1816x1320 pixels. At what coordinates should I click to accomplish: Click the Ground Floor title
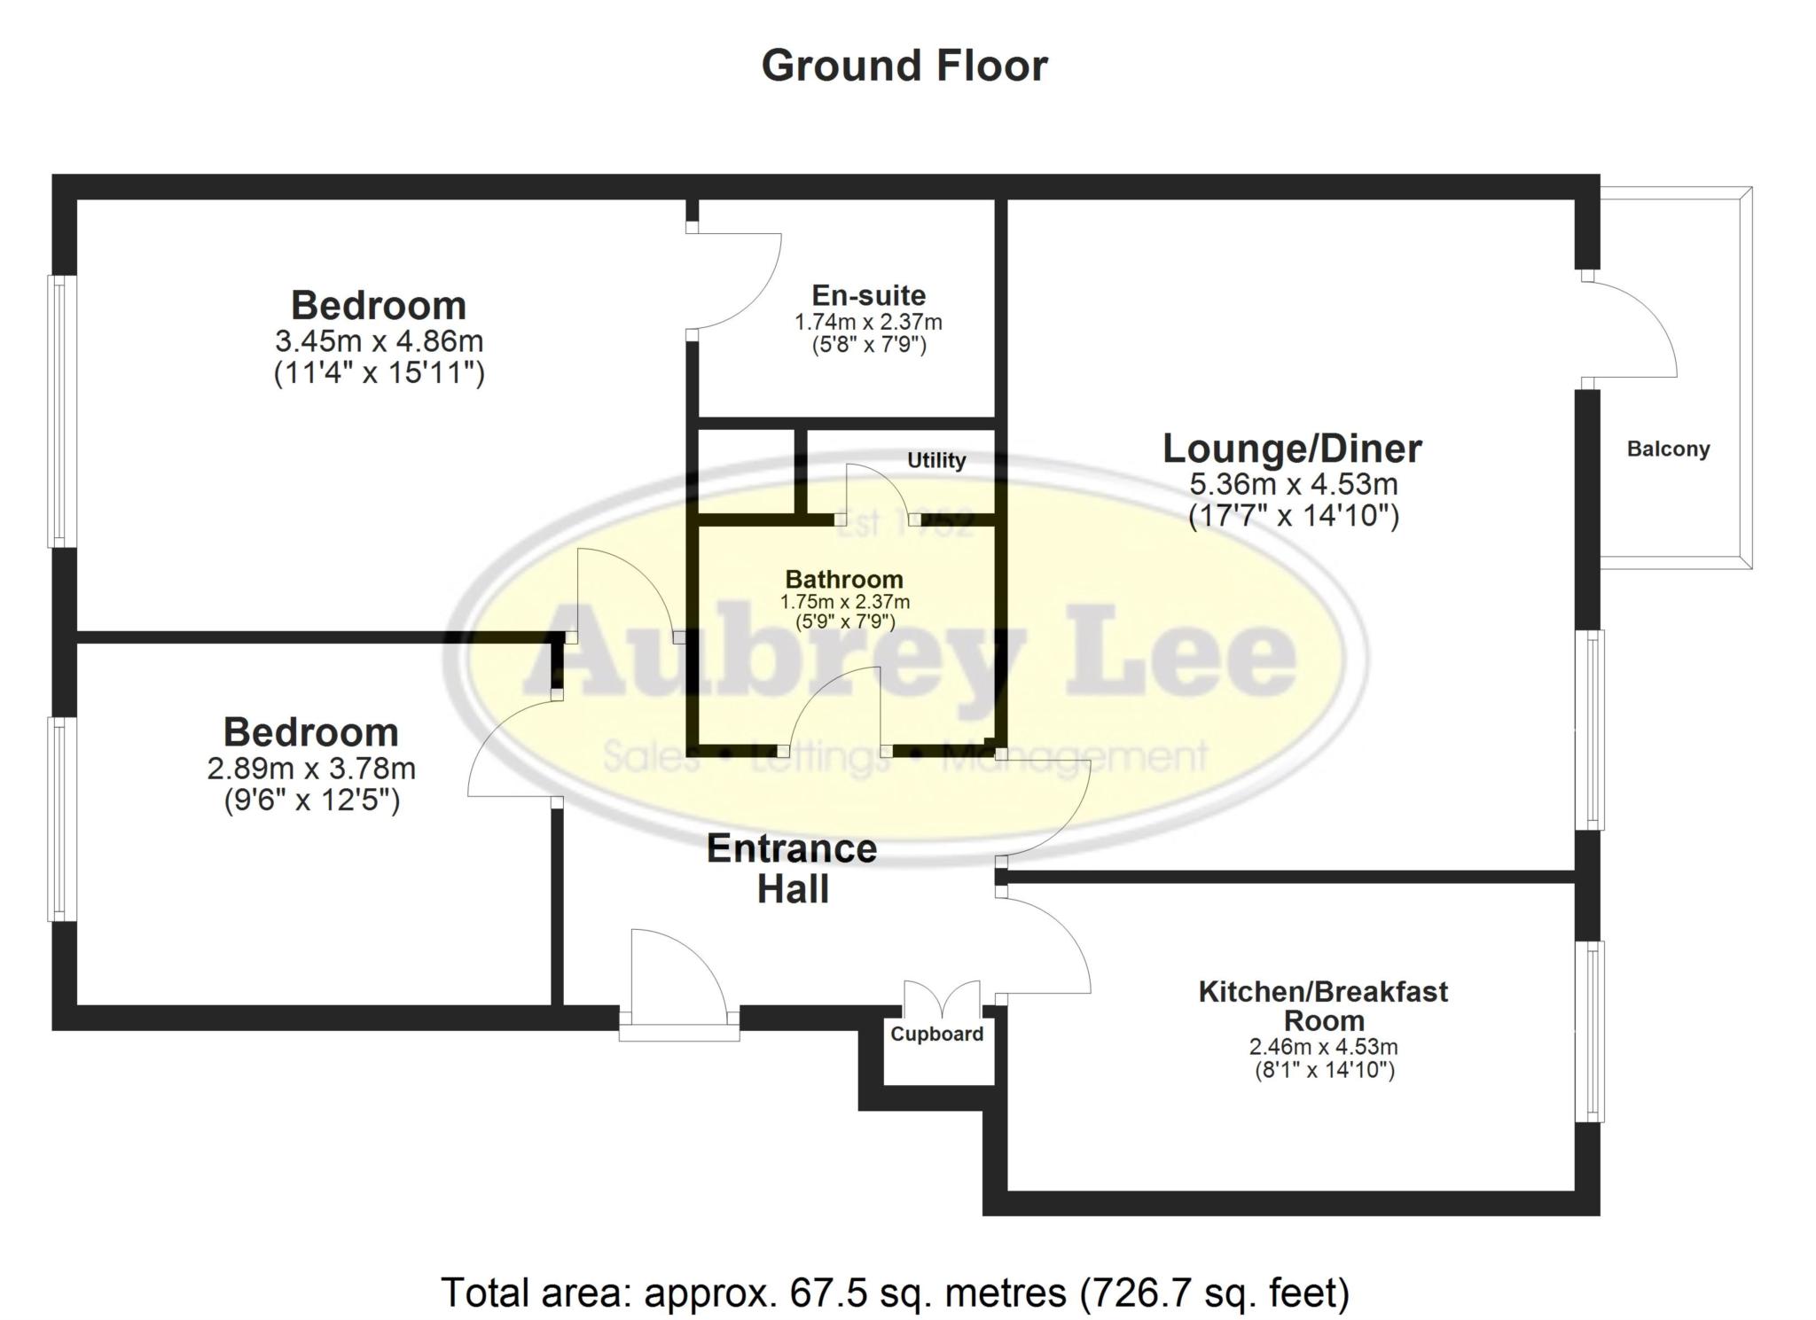904,66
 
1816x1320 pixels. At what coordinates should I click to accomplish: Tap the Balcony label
1667,449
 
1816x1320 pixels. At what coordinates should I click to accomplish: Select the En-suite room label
868,295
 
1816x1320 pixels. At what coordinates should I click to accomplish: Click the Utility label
935,460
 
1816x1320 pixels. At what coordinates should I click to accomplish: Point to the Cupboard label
936,1034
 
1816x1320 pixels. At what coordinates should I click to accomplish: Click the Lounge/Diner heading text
1291,449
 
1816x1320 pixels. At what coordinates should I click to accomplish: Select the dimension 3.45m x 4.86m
379,340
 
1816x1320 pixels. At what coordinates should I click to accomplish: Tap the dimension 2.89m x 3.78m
311,768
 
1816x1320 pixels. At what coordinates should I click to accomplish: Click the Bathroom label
844,579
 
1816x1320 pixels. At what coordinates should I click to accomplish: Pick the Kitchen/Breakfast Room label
1322,1005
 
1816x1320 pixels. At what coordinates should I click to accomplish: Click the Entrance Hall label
792,869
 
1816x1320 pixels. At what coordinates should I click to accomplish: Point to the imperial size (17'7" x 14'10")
1293,516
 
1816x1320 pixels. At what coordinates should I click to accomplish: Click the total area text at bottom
895,1293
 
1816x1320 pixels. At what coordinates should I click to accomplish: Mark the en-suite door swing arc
745,279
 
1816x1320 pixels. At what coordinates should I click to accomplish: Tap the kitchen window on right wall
1593,1031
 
